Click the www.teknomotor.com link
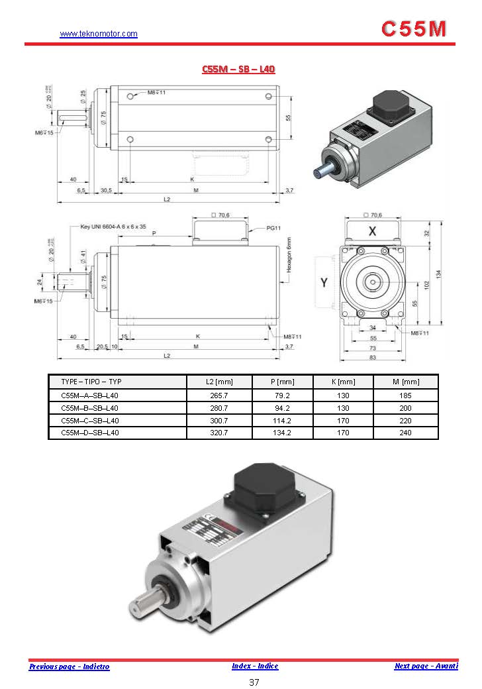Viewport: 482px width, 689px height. (99, 34)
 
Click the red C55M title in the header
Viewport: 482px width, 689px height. (414, 28)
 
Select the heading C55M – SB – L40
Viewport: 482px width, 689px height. (238, 69)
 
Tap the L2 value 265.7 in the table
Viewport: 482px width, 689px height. (219, 396)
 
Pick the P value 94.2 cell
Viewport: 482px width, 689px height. (283, 408)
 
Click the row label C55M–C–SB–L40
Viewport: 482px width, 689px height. (90, 421)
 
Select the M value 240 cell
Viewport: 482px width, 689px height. (405, 433)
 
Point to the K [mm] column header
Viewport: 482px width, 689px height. (343, 382)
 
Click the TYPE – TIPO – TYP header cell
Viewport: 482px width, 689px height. (91, 382)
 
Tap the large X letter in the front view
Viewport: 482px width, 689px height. (372, 231)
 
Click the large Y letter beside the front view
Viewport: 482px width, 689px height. (324, 283)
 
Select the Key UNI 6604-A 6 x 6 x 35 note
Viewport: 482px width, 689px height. (113, 227)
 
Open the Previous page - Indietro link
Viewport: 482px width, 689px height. (69, 666)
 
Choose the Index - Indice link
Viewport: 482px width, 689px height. (255, 666)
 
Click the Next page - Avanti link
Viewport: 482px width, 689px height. (426, 666)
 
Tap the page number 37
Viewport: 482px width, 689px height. (254, 682)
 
